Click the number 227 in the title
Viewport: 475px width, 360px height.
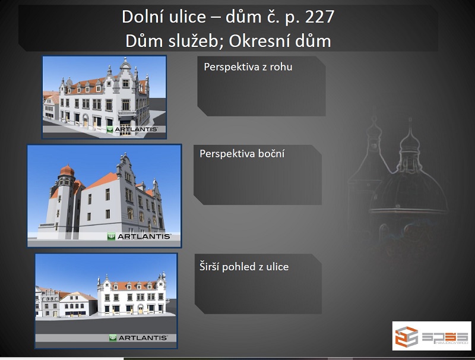click(319, 17)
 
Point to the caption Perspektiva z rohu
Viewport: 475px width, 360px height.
click(248, 67)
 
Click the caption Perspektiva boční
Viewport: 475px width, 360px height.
click(242, 154)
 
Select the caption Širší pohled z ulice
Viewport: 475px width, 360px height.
click(244, 267)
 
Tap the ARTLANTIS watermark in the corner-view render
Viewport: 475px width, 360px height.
click(132, 130)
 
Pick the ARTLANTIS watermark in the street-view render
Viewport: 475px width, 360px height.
click(138, 337)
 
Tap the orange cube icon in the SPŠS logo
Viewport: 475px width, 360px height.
click(406, 336)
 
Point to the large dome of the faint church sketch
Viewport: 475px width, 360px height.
click(408, 191)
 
